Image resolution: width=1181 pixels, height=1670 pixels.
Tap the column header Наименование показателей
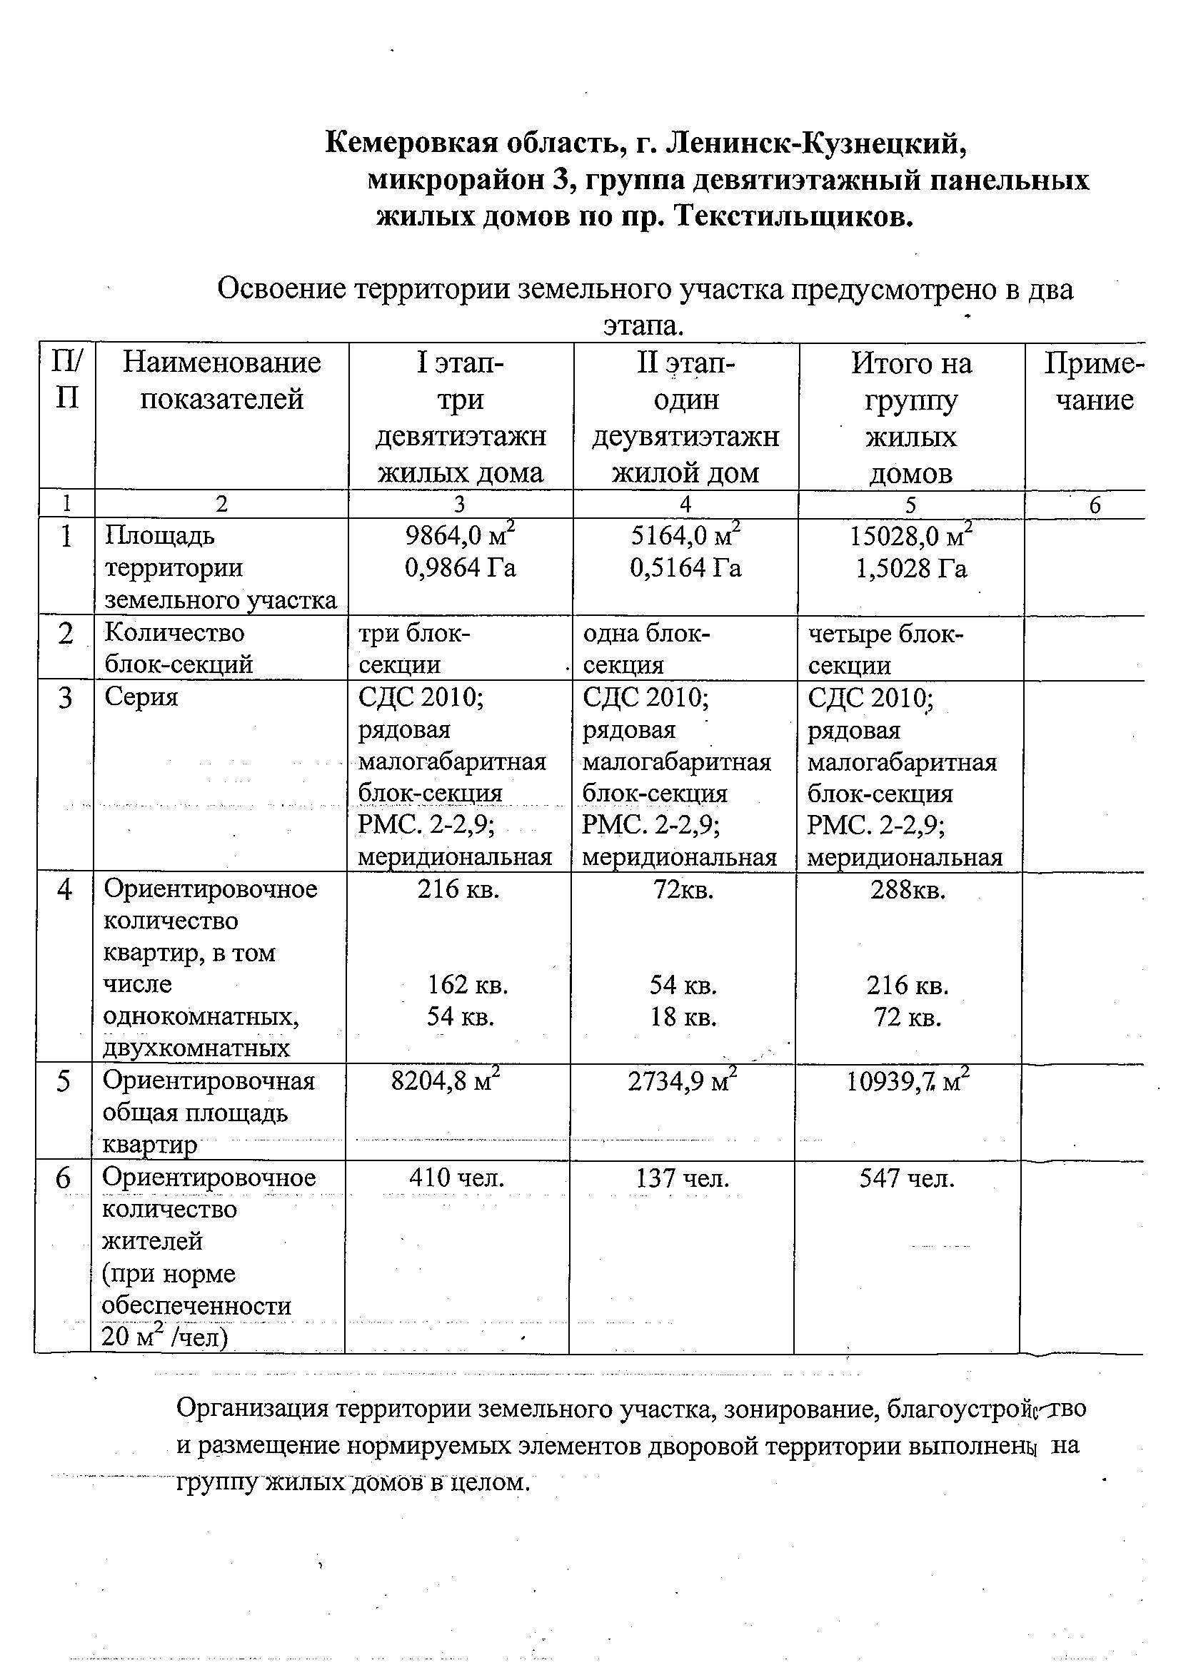221,380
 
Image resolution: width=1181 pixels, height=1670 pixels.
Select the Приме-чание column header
1094,380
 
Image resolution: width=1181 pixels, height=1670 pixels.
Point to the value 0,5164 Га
685,568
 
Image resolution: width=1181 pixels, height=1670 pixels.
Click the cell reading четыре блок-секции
885,649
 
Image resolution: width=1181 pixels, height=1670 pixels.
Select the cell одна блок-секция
645,649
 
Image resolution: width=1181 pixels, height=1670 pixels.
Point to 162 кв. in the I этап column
467,986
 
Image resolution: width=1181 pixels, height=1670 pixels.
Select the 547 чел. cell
907,1178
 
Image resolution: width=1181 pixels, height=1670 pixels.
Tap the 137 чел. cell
683,1178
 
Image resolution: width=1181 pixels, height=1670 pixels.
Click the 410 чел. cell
456,1178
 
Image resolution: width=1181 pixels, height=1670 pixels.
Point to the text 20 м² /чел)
165,1337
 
